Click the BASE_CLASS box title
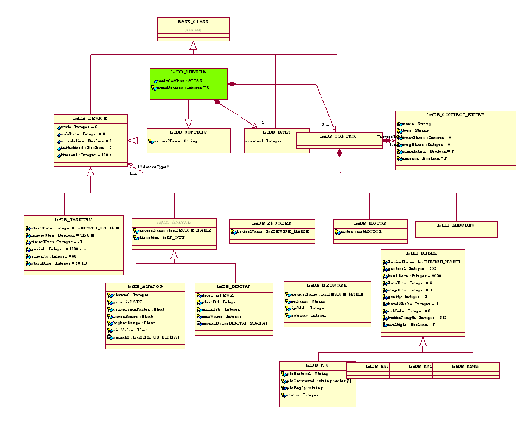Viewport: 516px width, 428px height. click(192, 21)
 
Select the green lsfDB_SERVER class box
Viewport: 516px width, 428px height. click(188, 83)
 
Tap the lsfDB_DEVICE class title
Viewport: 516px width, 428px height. click(89, 119)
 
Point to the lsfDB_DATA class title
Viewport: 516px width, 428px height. click(276, 132)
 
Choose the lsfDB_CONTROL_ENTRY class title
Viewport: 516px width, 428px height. click(456, 114)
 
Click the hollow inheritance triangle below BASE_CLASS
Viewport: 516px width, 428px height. click(193, 46)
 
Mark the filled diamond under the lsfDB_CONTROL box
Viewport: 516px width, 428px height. click(340, 154)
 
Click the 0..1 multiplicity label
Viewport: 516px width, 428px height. click(325, 124)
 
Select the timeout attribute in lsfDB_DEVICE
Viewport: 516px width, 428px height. click(86, 155)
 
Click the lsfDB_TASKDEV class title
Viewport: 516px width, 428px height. click(74, 219)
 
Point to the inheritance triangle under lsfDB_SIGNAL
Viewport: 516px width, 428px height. click(174, 255)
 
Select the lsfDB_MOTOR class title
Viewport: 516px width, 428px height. click(369, 223)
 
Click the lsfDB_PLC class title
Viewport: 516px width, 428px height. click(317, 365)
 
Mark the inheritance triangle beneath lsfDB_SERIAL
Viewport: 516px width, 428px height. click(423, 342)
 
